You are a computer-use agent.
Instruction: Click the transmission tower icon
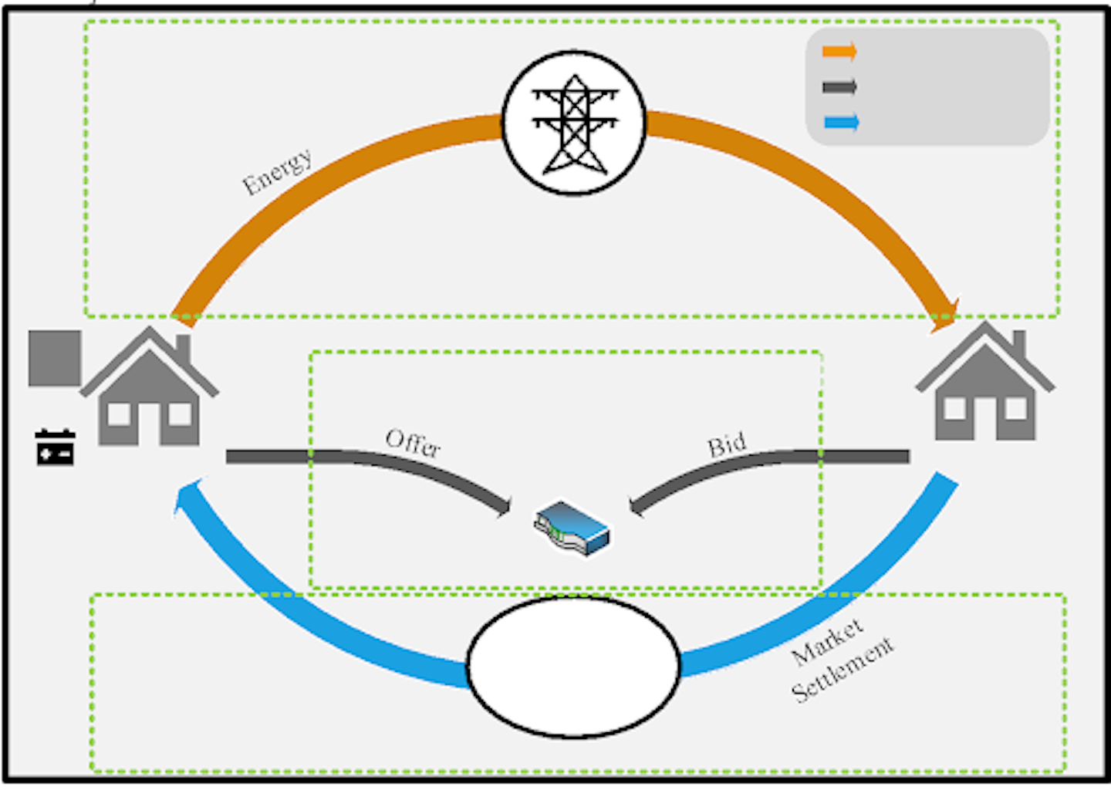click(574, 123)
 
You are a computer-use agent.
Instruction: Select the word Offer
click(413, 443)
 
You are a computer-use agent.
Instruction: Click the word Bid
click(727, 445)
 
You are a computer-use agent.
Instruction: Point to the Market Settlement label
click(841, 660)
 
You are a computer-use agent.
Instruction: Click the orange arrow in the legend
click(840, 52)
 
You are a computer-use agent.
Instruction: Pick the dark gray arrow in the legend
click(840, 86)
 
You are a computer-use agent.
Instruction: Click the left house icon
click(149, 390)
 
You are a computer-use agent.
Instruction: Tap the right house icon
click(984, 386)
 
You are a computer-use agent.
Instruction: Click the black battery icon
click(55, 447)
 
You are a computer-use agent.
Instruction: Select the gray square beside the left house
click(55, 358)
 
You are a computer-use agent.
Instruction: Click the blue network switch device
click(572, 527)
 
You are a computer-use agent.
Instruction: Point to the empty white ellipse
click(573, 666)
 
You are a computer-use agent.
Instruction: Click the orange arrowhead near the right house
click(944, 315)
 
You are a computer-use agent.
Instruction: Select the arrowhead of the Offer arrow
click(505, 506)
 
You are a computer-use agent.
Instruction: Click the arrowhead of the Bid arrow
click(636, 506)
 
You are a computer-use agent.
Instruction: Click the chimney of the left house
click(183, 349)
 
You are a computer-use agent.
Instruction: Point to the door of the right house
click(985, 420)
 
